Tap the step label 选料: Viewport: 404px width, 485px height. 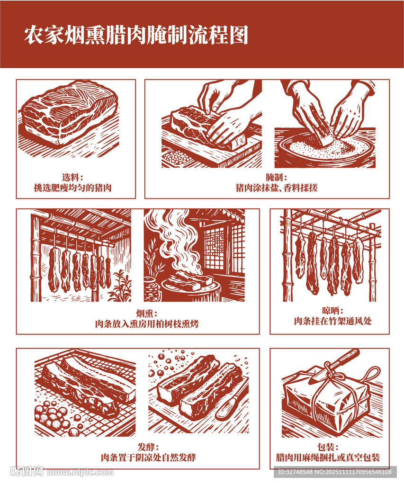coord(72,178)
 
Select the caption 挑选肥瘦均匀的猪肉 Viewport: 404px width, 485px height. coord(72,188)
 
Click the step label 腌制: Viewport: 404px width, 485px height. coord(276,178)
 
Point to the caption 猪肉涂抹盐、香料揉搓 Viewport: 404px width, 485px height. coord(276,188)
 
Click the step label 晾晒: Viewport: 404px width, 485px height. coord(332,311)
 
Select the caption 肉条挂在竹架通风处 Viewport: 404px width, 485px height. coord(332,321)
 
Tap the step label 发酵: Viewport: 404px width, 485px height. coord(148,447)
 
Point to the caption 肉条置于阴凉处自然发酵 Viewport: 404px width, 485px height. coord(148,458)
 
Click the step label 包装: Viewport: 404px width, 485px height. coord(328,447)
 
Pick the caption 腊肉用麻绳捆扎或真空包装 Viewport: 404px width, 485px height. coord(328,458)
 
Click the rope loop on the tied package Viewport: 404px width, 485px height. coord(372,375)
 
